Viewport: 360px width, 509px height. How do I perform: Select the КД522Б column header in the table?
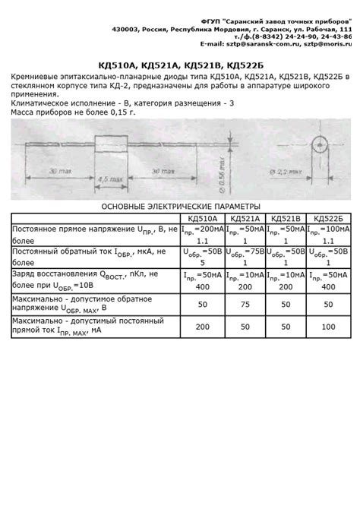pyautogui.click(x=329, y=217)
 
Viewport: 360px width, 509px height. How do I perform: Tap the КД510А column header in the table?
pyautogui.click(x=201, y=217)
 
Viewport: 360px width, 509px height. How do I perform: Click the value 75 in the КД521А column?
pyautogui.click(x=245, y=304)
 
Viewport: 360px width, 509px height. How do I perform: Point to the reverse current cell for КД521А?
pyautogui.click(x=245, y=256)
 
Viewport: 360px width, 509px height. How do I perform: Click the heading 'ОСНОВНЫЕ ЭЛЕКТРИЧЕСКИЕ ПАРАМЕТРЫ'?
pyautogui.click(x=180, y=206)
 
